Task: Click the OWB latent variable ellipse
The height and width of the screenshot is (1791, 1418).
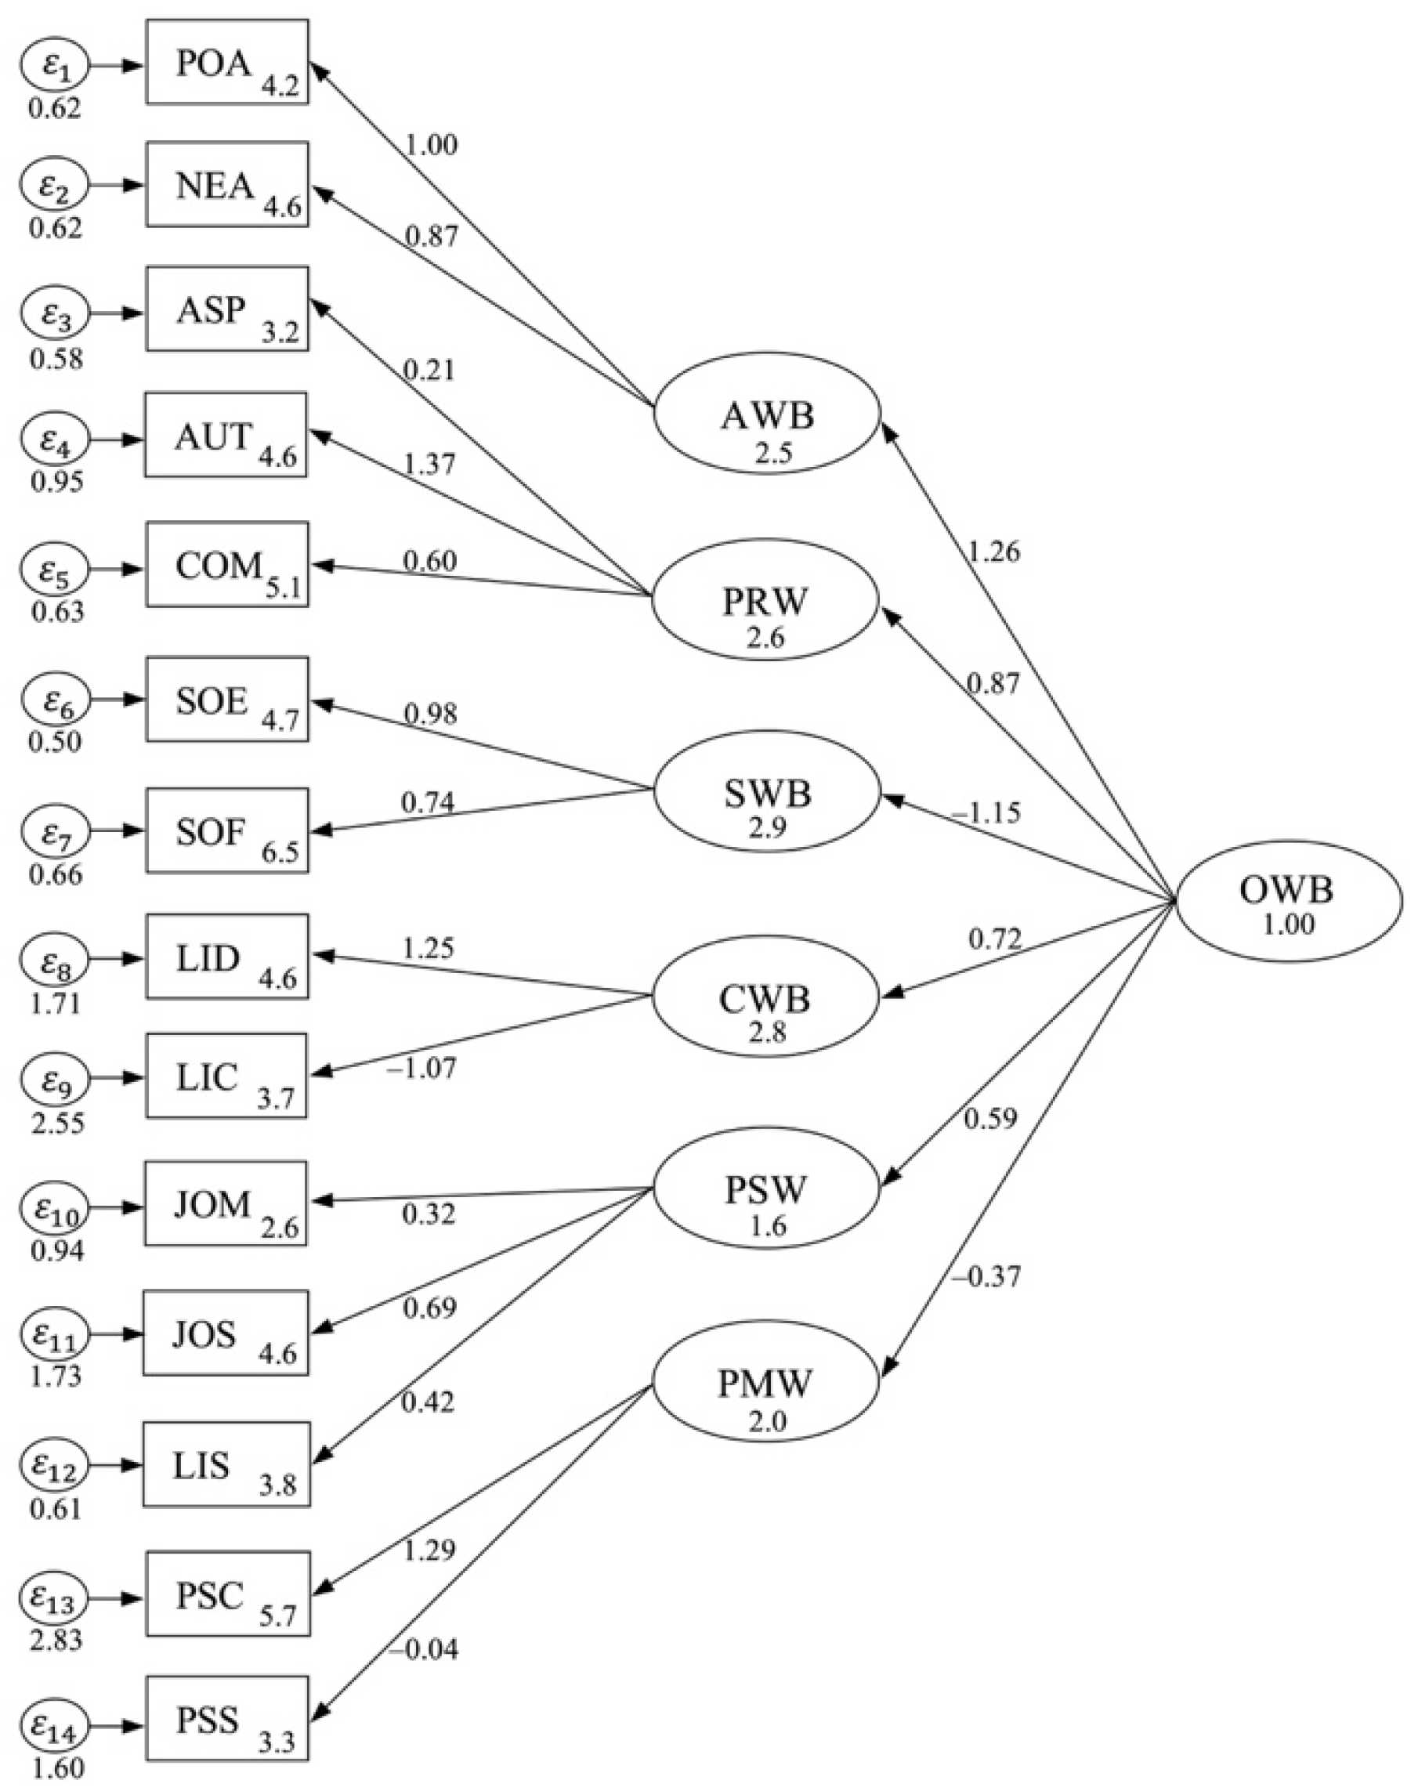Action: [x=1288, y=901]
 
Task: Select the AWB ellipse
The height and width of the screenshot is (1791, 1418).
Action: [x=766, y=414]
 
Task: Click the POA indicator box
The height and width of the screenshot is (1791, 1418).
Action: [x=227, y=62]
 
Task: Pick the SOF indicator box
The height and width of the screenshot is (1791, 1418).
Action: [x=227, y=830]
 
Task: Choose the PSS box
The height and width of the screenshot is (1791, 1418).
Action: [x=227, y=1718]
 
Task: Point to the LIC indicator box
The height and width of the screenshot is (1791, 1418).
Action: [x=227, y=1075]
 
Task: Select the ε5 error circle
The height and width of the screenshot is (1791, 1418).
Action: [x=56, y=570]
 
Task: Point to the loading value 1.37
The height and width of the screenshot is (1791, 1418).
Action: [x=429, y=463]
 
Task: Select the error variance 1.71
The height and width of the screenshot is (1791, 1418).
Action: [x=56, y=1003]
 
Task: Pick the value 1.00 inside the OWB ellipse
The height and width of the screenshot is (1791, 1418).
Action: [x=1289, y=924]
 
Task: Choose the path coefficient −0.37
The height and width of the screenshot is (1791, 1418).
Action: [x=986, y=1275]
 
